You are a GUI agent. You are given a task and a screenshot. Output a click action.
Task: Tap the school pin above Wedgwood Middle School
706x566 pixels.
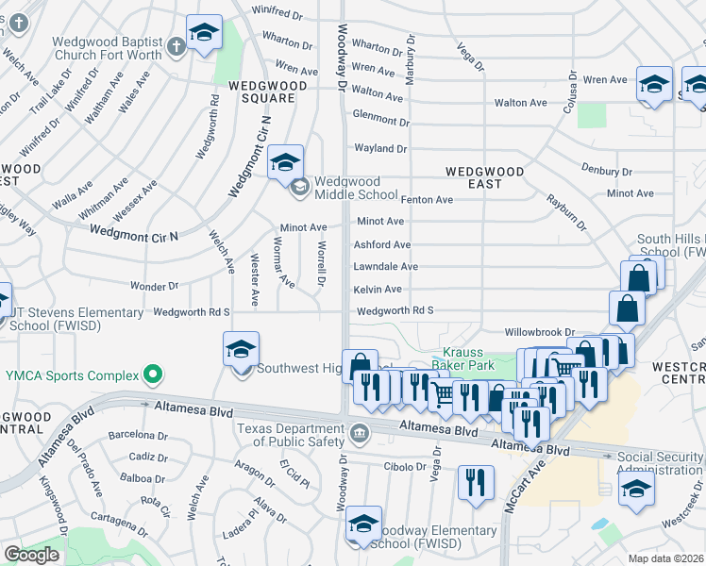(x=285, y=162)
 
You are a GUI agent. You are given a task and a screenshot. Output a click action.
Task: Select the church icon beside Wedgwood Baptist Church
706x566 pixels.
(x=175, y=47)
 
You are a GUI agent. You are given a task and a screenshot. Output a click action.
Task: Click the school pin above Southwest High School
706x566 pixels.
(x=241, y=349)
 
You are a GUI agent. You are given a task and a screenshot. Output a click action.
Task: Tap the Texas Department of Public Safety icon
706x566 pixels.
(x=359, y=434)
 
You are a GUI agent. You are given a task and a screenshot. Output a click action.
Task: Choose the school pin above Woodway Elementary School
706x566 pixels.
(x=363, y=524)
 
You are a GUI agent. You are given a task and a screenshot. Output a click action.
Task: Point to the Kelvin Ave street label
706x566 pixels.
(x=378, y=290)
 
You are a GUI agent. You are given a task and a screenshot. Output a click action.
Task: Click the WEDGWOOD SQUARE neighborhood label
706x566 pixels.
(x=267, y=92)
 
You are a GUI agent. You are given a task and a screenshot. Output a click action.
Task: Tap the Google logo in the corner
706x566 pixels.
(x=31, y=554)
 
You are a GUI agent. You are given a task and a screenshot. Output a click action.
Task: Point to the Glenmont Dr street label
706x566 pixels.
(x=380, y=122)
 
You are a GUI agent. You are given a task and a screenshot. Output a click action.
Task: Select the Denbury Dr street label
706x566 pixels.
(x=607, y=172)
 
